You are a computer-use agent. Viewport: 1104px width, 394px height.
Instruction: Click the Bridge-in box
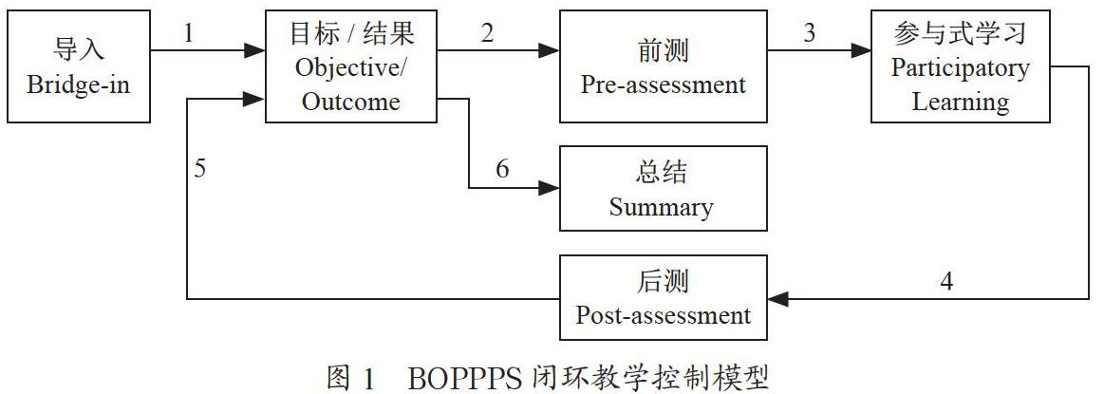tap(79, 66)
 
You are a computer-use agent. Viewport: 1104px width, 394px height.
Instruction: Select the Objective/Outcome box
tap(351, 66)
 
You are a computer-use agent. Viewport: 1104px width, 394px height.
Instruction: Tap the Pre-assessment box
tap(663, 66)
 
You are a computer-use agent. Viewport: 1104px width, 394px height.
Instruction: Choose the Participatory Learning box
tap(961, 66)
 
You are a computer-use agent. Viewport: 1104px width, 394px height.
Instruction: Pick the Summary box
tap(663, 189)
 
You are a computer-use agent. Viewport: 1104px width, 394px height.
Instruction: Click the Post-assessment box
tap(663, 298)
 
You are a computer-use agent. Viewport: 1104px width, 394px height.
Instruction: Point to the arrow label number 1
tap(188, 33)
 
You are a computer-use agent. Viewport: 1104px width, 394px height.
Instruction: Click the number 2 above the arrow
tap(487, 33)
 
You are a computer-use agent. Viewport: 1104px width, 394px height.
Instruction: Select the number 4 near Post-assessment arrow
tap(946, 281)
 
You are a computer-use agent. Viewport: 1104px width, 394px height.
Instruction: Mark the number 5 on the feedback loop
tap(200, 170)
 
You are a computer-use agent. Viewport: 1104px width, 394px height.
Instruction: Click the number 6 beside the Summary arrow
tap(502, 170)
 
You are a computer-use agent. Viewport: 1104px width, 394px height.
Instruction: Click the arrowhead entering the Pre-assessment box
tap(550, 50)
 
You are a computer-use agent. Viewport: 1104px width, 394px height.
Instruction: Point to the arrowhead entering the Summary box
tap(550, 188)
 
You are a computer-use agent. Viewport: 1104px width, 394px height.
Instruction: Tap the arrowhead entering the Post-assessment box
tap(777, 299)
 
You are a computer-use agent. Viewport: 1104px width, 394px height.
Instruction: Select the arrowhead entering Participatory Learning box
tap(861, 50)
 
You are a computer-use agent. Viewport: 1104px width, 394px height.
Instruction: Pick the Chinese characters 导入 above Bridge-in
tap(79, 50)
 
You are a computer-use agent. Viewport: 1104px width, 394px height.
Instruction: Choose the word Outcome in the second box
tap(351, 102)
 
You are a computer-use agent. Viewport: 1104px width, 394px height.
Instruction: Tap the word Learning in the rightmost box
tap(961, 102)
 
